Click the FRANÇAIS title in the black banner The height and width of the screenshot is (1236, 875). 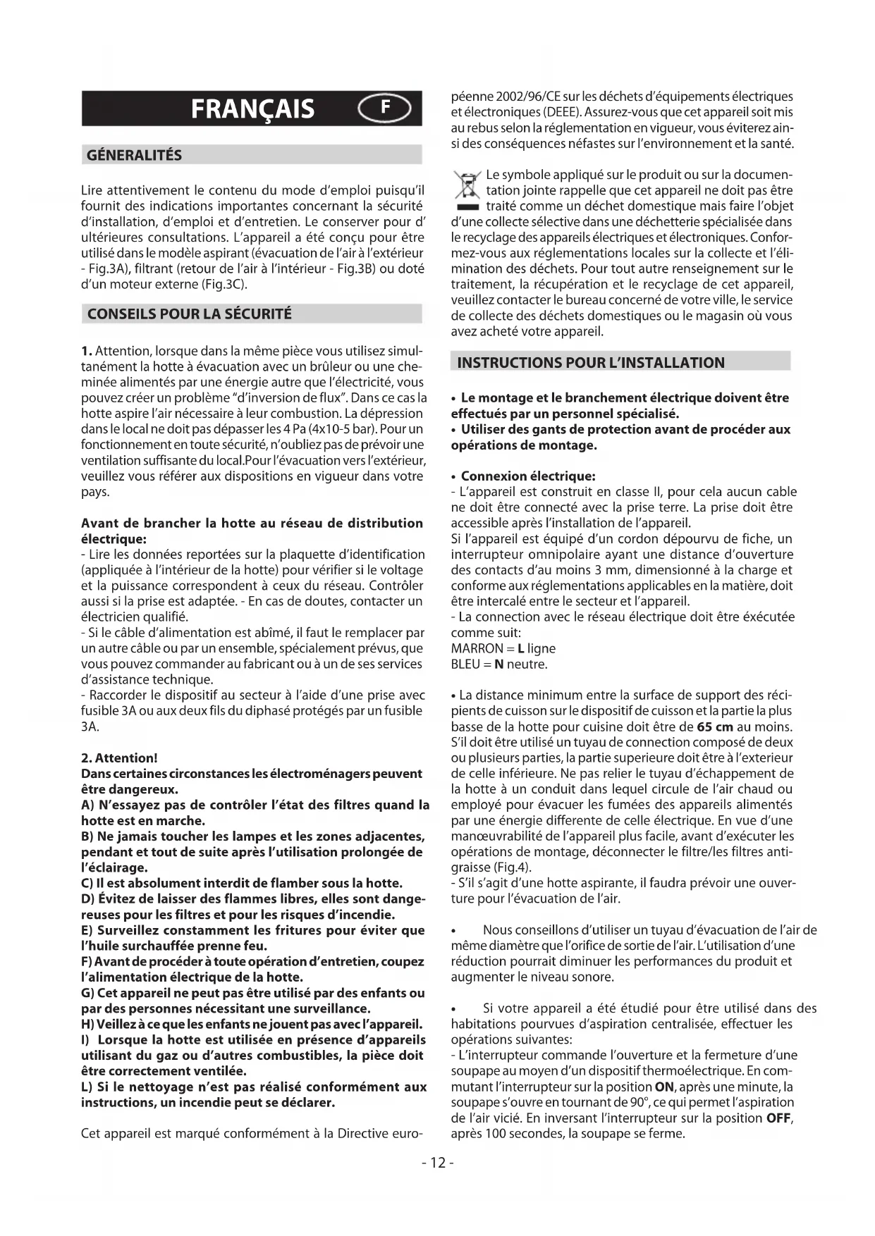253,109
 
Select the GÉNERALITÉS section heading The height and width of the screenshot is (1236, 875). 134,155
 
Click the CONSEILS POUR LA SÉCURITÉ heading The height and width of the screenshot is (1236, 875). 189,314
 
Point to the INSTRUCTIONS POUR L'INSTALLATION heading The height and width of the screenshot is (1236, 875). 591,363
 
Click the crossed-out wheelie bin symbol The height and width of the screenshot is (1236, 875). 466,189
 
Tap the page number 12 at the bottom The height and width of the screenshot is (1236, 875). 438,1163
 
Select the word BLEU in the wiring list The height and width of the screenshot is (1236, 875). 465,664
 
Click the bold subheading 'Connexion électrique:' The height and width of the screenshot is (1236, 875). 528,476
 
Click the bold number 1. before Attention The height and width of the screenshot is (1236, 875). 87,351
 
